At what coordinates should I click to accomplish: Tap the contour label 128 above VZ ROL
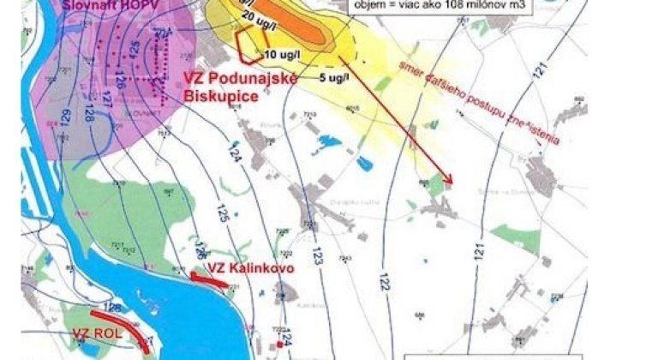click(x=111, y=305)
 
